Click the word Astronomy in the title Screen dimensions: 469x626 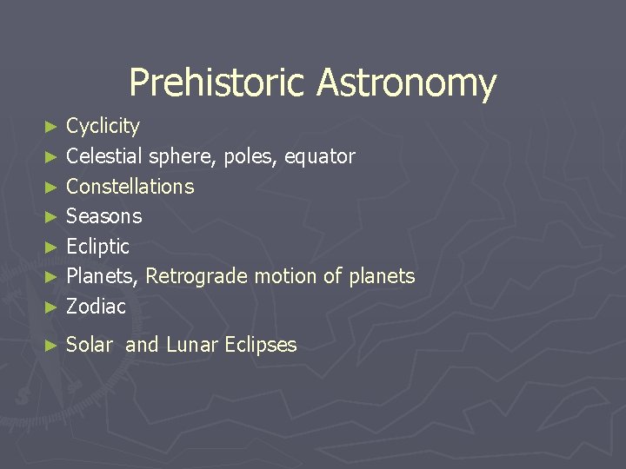[406, 84]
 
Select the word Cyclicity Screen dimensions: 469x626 [103, 127]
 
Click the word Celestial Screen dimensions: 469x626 [104, 156]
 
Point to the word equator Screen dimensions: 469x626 [319, 157]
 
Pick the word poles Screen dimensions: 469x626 [248, 157]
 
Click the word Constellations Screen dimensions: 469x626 [130, 187]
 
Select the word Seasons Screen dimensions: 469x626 [103, 216]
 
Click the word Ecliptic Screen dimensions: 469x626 [97, 247]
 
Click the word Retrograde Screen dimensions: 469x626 [196, 276]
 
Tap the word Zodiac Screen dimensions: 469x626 [96, 307]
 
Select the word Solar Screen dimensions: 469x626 [90, 345]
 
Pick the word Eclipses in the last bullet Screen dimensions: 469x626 [260, 346]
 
